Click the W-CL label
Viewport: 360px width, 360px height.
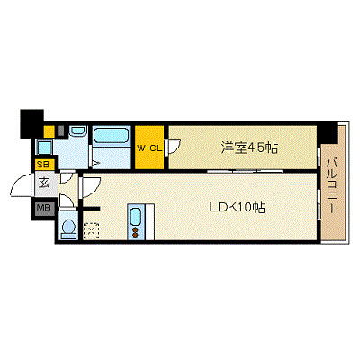click(149, 147)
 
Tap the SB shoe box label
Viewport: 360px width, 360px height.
click(43, 166)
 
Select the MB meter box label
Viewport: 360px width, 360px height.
click(43, 210)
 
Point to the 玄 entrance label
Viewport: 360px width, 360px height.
click(43, 185)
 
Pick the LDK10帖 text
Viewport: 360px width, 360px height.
click(238, 205)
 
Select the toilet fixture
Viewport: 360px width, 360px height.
click(68, 229)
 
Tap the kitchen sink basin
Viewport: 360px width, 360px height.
click(137, 216)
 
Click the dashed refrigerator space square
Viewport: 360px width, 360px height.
click(90, 231)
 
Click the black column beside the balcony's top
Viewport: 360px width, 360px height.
click(328, 131)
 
